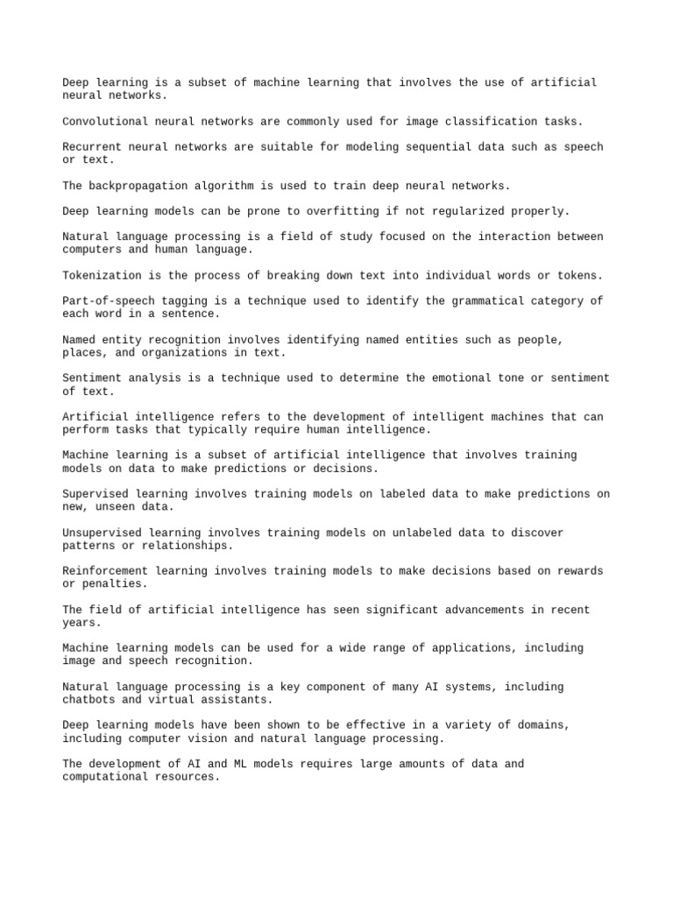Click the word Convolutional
pos(107,122)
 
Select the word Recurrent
pos(93,147)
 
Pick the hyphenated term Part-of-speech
pos(110,301)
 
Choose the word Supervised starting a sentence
pos(96,494)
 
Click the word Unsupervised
pos(103,533)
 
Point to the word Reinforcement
pos(107,571)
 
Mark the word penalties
pos(114,584)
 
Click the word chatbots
pos(89,700)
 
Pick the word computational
pos(107,777)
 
